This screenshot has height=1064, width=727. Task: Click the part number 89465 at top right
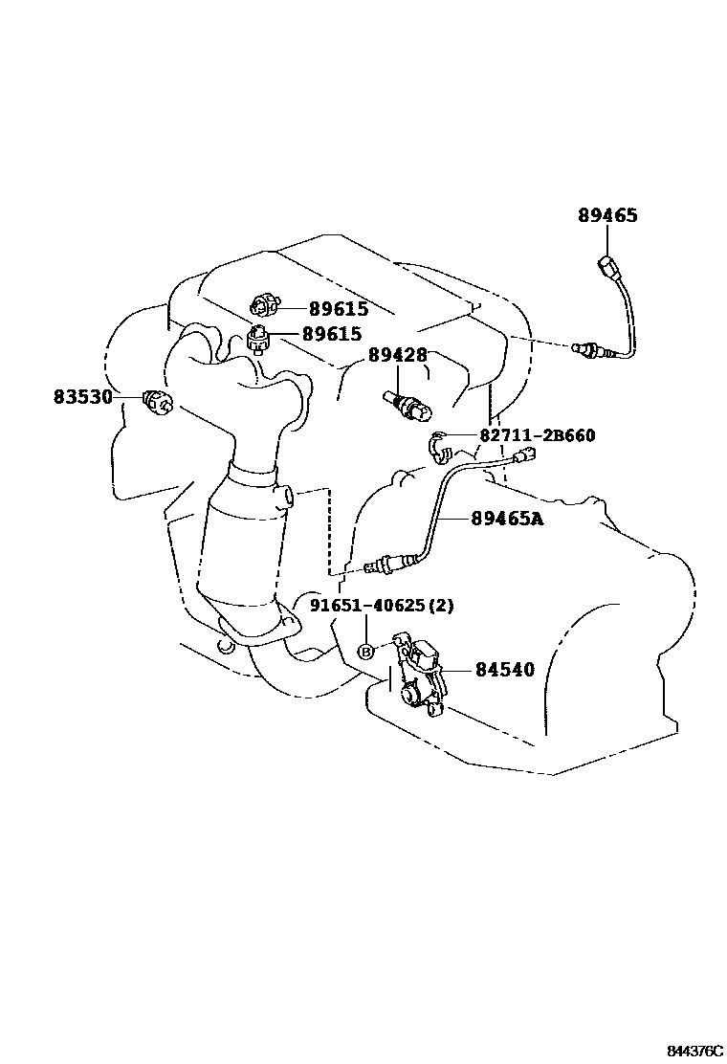coord(607,215)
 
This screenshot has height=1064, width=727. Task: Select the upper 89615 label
coord(339,308)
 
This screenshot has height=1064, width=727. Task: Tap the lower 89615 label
coord(332,334)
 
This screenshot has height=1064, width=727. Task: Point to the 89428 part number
coord(398,356)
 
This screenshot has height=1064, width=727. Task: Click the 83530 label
coord(83,396)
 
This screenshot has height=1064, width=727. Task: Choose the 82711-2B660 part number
coord(537,435)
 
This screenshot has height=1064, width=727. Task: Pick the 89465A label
coord(507,519)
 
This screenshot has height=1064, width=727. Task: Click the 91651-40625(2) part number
coord(382,605)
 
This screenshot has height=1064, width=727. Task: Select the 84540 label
coord(502,670)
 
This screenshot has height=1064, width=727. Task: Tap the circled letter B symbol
coord(364,652)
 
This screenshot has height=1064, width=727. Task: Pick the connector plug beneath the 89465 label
coord(605,265)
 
